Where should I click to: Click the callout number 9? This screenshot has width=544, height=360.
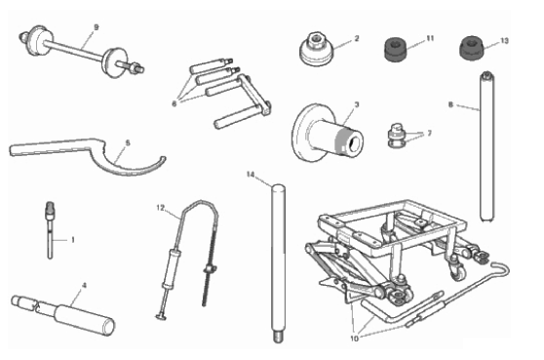pos(97,27)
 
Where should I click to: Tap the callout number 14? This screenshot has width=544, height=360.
pos(251,175)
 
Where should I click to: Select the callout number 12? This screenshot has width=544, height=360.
pos(160,208)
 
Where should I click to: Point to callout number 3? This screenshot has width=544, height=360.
pos(357,104)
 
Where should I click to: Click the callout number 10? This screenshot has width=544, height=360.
pos(354,339)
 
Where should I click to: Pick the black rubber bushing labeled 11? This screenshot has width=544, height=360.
pos(396,49)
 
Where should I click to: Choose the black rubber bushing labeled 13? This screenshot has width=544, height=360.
pos(472,48)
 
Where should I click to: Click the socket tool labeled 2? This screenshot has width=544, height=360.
pos(317,50)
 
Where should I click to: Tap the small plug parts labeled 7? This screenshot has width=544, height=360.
pos(398,136)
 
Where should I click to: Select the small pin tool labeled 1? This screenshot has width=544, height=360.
pos(51,229)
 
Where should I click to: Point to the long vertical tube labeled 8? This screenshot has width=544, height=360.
pos(486,145)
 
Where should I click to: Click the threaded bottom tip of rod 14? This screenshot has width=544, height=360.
pos(277,338)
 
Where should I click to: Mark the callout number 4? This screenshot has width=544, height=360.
pos(84,286)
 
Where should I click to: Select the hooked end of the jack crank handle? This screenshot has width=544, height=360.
pos(502,268)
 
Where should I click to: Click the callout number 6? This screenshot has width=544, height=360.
pos(175,103)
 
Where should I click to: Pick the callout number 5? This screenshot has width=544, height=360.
pos(128,143)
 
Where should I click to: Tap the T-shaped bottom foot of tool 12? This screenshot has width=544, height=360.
pos(160,316)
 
